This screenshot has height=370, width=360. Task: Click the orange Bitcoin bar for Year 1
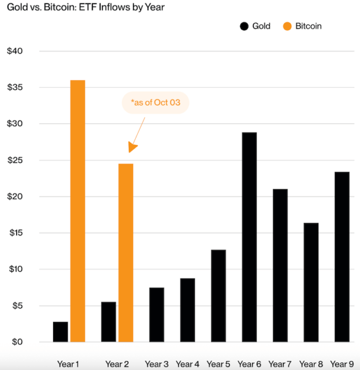click(77, 211)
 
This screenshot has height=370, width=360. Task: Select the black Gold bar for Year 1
click(61, 331)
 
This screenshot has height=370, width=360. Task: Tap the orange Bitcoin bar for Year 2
click(125, 253)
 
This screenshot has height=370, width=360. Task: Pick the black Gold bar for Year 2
click(109, 321)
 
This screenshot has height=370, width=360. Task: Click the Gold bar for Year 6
click(249, 237)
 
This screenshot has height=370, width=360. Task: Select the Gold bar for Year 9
click(342, 257)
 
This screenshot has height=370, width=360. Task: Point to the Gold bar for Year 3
click(156, 314)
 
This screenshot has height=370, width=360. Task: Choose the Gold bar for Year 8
click(311, 282)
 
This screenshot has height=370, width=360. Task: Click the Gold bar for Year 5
click(218, 295)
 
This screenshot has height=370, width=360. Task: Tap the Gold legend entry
click(254, 26)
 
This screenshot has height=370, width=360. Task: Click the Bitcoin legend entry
click(302, 26)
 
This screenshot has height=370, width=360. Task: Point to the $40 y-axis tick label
click(14, 51)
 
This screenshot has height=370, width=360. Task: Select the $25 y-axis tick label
click(14, 160)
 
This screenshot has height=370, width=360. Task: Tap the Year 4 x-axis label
click(187, 364)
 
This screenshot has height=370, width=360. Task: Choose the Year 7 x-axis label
click(280, 364)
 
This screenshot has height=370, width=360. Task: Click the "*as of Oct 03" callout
click(155, 102)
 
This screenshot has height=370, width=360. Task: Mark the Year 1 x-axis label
click(69, 364)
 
